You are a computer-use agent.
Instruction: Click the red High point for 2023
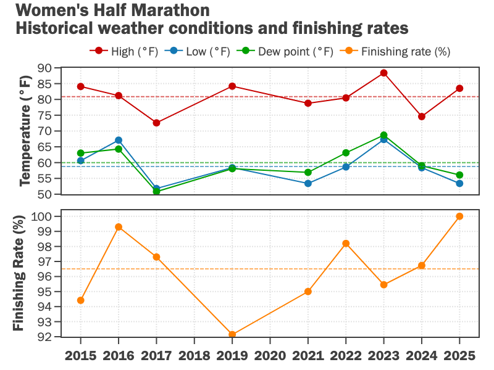click(x=383, y=73)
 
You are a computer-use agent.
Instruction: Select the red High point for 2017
click(x=156, y=123)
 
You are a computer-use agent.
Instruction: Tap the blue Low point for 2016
click(x=119, y=140)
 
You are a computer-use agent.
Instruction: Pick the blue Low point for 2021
click(x=308, y=183)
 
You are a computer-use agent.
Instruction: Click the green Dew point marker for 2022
click(x=346, y=152)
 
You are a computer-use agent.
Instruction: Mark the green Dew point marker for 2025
click(x=459, y=175)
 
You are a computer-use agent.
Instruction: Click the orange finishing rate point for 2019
click(x=232, y=335)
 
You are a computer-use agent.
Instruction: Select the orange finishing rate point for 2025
click(x=459, y=216)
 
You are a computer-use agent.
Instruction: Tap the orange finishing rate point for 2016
click(x=119, y=227)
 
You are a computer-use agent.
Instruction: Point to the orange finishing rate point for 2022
click(x=346, y=244)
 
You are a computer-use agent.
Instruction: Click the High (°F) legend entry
click(x=124, y=51)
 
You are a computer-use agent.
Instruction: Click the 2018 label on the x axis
click(x=195, y=356)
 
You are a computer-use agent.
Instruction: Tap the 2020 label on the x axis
click(x=270, y=356)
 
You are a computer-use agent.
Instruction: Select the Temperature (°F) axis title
click(x=25, y=131)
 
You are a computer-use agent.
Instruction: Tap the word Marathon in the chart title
click(x=169, y=10)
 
